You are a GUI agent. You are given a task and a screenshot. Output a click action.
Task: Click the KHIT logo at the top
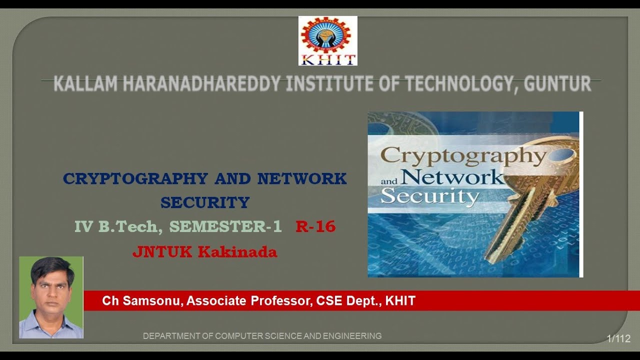tap(327, 40)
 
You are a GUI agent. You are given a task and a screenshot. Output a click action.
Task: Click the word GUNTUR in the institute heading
tap(557, 84)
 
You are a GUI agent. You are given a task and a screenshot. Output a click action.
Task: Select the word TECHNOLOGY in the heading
tap(459, 84)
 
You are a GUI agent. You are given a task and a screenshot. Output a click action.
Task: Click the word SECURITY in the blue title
tap(205, 202)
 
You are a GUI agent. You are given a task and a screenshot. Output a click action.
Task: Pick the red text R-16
tap(315, 226)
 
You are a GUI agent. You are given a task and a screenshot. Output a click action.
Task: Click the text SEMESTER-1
tap(225, 226)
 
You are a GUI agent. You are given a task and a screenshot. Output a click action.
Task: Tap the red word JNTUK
tap(162, 251)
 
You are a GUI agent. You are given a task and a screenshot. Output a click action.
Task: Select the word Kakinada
tap(237, 251)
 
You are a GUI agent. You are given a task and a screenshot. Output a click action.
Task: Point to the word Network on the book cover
tap(452, 177)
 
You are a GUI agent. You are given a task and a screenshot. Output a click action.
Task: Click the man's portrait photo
tap(51, 297)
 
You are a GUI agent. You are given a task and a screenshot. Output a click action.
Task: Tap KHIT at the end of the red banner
tap(400, 301)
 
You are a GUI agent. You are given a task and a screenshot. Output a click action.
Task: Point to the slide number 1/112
tap(618, 338)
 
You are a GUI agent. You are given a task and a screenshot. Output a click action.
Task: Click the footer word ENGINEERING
tap(352, 336)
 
